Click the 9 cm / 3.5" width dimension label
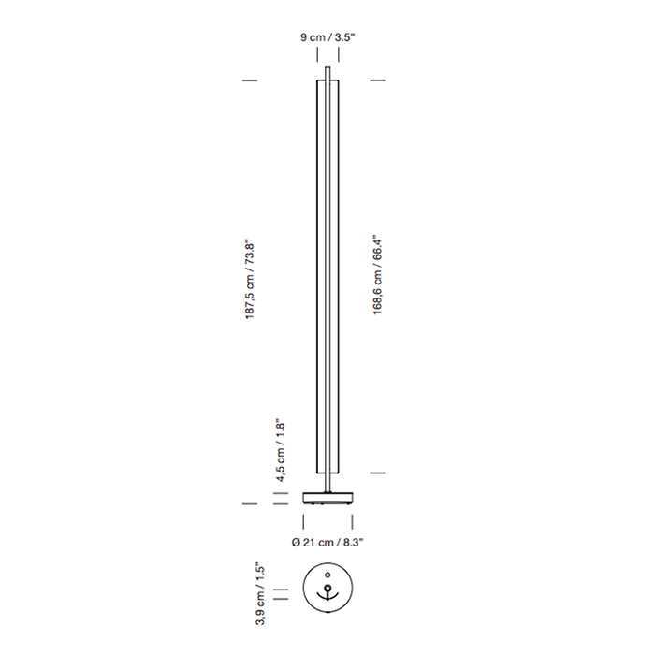coord(327,37)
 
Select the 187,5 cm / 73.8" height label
coord(250,280)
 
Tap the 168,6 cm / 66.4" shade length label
coord(378,274)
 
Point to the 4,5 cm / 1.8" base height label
coord(281,450)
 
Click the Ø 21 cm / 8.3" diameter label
coord(327,542)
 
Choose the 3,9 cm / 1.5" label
coord(260,593)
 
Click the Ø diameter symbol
coord(296,542)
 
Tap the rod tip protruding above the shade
coord(327,73)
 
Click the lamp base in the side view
coord(327,498)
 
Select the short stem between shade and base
coord(327,483)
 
